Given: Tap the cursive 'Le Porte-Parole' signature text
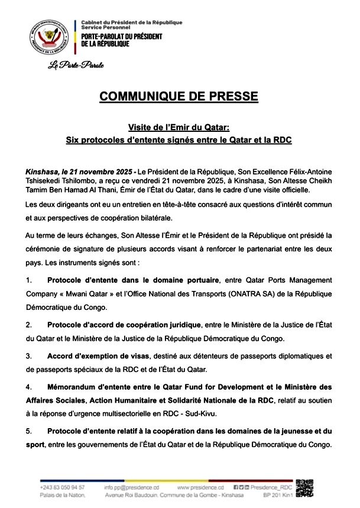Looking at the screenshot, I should (76, 64).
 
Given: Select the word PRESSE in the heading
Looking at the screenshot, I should (233, 96).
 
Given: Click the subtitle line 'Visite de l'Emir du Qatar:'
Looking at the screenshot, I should (179, 127).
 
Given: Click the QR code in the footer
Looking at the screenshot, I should (305, 487).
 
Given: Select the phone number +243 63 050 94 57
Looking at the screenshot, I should (62, 487).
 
